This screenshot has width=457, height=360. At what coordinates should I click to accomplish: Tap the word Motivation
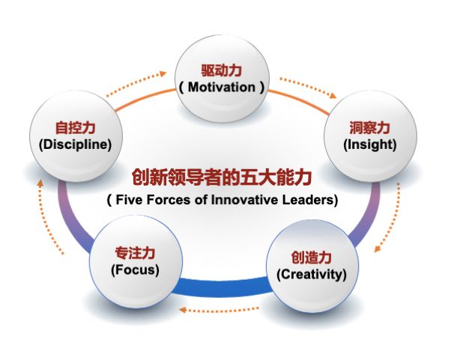click(223, 88)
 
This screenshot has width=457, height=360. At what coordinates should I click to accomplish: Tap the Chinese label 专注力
click(135, 252)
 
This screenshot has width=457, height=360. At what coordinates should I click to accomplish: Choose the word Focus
click(135, 269)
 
